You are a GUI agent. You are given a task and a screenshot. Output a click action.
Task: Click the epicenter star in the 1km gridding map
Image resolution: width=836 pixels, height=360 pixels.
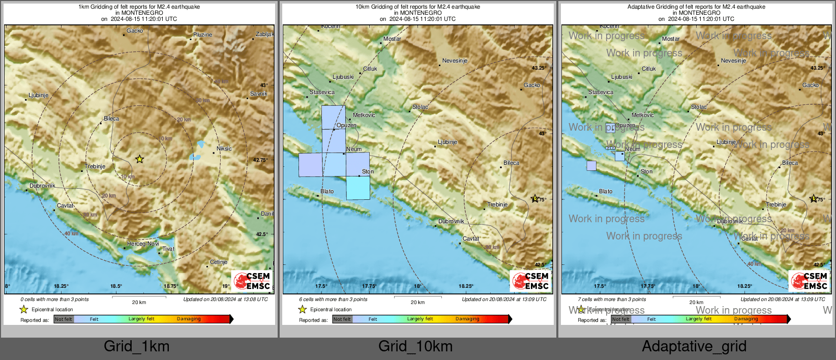(140, 159)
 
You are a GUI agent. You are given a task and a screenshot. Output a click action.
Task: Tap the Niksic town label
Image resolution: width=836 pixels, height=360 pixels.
(224, 148)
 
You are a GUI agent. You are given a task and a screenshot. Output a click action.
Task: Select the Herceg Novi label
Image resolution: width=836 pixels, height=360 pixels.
(143, 244)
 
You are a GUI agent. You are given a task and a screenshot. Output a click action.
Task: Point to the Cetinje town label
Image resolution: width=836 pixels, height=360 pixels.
(219, 262)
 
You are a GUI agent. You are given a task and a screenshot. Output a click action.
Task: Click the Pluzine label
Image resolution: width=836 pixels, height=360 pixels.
(202, 35)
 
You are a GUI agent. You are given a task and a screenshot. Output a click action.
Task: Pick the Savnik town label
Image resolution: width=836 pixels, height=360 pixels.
(258, 94)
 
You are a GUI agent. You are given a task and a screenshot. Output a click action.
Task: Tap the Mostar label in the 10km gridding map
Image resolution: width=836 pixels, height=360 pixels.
(392, 39)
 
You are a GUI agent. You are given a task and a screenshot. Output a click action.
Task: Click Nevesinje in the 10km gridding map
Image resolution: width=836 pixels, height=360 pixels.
(455, 61)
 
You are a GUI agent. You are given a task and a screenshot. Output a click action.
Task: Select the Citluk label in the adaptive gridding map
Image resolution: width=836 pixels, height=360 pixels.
(649, 69)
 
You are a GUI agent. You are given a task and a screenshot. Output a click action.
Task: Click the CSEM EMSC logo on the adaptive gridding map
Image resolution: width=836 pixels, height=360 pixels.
(809, 281)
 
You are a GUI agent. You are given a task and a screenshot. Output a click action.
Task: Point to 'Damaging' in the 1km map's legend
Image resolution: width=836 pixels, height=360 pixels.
(189, 319)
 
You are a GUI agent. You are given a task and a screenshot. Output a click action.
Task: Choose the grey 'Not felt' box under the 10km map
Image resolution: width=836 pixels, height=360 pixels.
(342, 319)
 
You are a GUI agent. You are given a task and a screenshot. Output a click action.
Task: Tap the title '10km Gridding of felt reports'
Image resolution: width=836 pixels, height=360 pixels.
(417, 7)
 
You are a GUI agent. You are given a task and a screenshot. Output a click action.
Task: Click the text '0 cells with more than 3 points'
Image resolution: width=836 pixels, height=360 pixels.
(54, 299)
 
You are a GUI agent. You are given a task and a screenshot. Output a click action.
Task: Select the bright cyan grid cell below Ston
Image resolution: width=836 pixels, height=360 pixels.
(358, 188)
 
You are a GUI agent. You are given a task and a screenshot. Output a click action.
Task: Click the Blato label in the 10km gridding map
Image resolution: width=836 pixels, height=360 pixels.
(327, 191)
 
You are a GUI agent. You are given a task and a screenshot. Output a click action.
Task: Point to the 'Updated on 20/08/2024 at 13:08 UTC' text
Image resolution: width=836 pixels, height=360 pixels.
(225, 299)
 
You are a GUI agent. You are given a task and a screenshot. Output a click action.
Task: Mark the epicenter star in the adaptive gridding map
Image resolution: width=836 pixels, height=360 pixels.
(813, 199)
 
